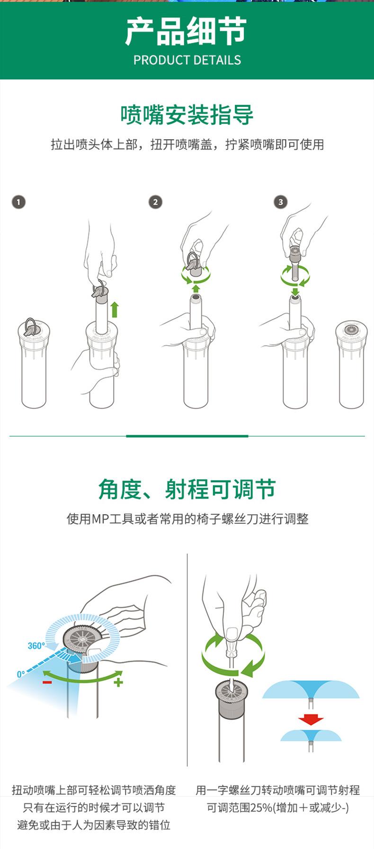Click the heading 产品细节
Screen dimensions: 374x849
click(187, 32)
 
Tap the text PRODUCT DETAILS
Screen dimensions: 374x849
click(187, 60)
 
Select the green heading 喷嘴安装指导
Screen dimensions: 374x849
click(187, 115)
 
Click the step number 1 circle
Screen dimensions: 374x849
click(18, 202)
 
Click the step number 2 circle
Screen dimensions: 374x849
click(155, 202)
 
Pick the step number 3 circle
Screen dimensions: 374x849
click(281, 202)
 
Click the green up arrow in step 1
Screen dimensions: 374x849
click(114, 310)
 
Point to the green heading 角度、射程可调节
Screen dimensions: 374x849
click(187, 489)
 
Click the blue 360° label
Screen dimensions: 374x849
click(36, 646)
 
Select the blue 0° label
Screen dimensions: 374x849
click(21, 674)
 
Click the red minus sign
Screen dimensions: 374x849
click(47, 682)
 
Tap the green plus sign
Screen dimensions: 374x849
click(118, 682)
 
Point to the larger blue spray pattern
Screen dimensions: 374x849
click(311, 689)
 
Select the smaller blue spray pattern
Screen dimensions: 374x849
click(311, 735)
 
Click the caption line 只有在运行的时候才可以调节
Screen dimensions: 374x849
click(94, 807)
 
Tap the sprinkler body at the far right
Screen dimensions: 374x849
click(351, 364)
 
